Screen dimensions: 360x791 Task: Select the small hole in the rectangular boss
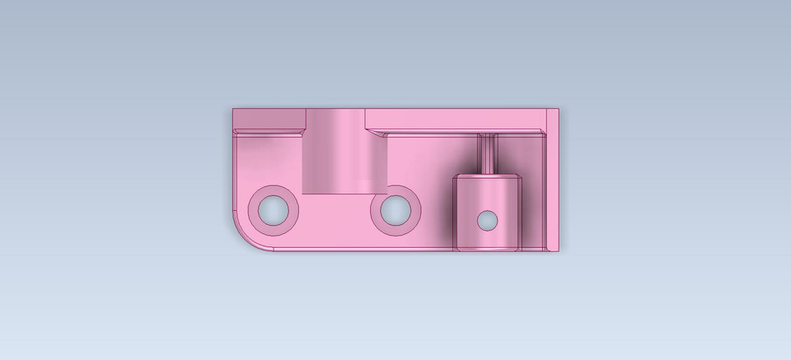point(488,220)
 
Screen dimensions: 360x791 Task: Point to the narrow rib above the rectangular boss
point(487,153)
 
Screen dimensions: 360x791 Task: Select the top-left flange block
point(269,119)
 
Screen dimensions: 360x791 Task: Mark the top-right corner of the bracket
point(558,110)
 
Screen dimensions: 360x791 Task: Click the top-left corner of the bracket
point(234,110)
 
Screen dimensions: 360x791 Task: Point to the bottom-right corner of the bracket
point(558,250)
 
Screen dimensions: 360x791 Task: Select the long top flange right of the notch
point(453,119)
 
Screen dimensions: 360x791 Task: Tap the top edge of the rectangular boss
point(487,175)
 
